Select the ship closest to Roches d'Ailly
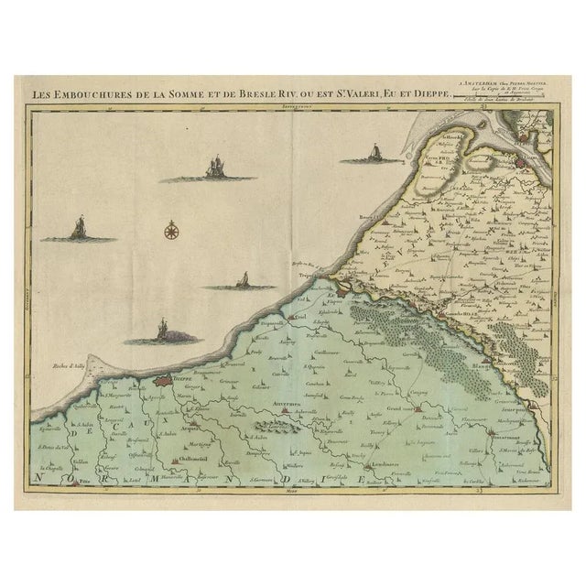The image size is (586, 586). pyautogui.click(x=162, y=331)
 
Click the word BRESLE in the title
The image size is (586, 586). pyautogui.click(x=266, y=92)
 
